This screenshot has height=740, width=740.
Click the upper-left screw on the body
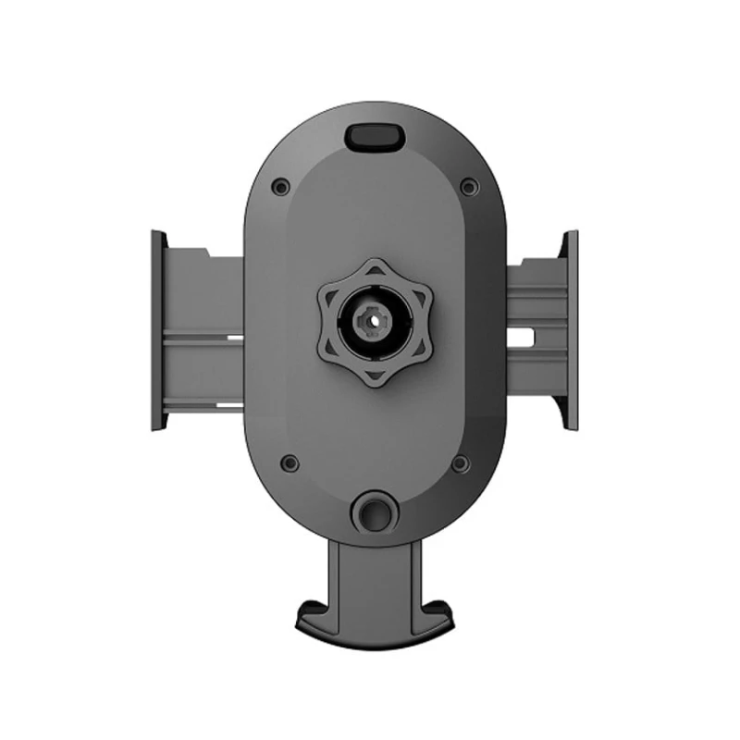[x=280, y=187]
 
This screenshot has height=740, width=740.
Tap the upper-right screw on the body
[x=469, y=187]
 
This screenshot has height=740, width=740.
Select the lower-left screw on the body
[x=290, y=462]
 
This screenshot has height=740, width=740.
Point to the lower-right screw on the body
[x=460, y=462]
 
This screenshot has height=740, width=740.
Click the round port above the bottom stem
[x=375, y=511]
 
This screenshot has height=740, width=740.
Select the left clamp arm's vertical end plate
[x=159, y=329]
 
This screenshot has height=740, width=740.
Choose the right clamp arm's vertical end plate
[x=571, y=329]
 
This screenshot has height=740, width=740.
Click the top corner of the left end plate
[x=156, y=231]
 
